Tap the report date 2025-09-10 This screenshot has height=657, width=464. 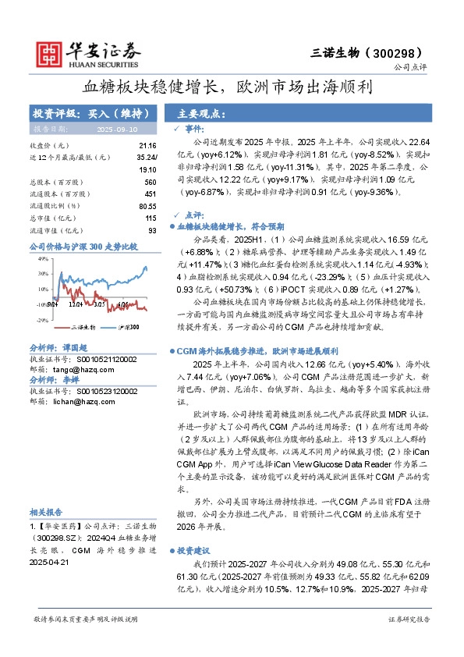tap(116, 130)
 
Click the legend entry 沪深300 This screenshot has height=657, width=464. tap(129, 327)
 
